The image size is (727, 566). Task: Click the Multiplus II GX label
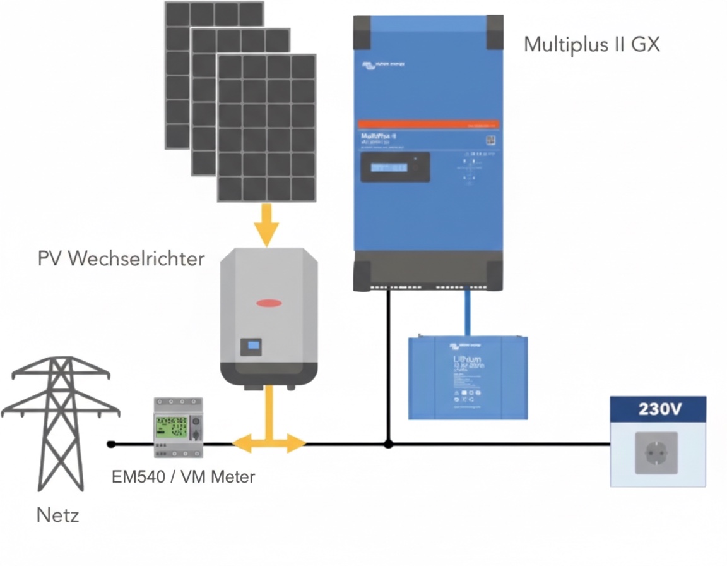[x=591, y=45]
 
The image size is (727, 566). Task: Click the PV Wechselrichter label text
[x=121, y=258]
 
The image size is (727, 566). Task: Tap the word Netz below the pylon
[x=57, y=515]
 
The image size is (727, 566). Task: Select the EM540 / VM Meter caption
[x=183, y=477]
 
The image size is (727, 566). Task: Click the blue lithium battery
[x=468, y=376]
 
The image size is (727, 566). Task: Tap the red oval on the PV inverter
[x=269, y=303]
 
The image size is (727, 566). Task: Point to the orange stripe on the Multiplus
[x=428, y=124]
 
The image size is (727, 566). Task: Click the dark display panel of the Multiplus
[x=395, y=167]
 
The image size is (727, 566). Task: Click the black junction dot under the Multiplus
[x=389, y=444]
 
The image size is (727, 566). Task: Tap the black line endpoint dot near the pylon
[x=112, y=444]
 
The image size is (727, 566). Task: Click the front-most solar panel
[x=266, y=128]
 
